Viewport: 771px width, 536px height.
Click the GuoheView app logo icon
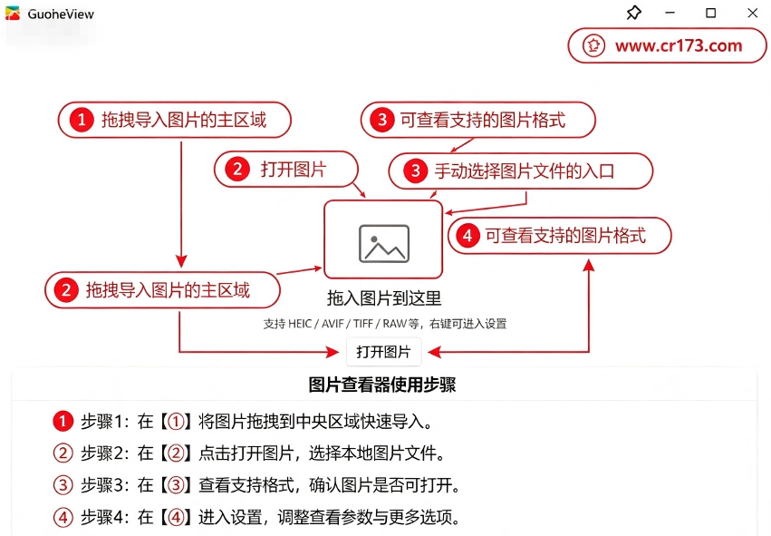coord(13,14)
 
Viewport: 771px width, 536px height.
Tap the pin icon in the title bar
coord(634,13)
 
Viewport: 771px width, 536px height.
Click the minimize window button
coord(670,13)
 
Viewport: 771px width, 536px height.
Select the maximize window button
coord(710,13)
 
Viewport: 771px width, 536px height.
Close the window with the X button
coord(752,13)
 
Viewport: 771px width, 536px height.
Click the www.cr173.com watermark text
coord(679,45)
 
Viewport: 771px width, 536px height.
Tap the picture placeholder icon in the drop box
coord(384,244)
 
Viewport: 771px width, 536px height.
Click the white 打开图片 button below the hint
coord(383,351)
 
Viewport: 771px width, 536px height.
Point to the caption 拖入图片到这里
coord(384,298)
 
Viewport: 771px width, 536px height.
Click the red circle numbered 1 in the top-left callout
coord(82,120)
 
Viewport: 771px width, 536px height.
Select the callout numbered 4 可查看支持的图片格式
coord(560,236)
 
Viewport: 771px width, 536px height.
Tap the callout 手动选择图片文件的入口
coord(521,171)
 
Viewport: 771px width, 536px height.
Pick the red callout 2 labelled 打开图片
coord(286,170)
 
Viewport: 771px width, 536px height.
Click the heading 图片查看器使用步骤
coord(382,385)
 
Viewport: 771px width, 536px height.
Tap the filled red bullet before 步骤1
coord(63,422)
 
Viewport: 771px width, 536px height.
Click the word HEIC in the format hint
coord(300,324)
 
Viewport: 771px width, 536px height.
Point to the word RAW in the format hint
coord(395,324)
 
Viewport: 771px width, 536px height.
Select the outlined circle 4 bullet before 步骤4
coord(63,517)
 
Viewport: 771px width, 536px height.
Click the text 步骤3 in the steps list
coord(101,485)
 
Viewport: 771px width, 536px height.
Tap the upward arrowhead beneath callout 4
coord(589,266)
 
